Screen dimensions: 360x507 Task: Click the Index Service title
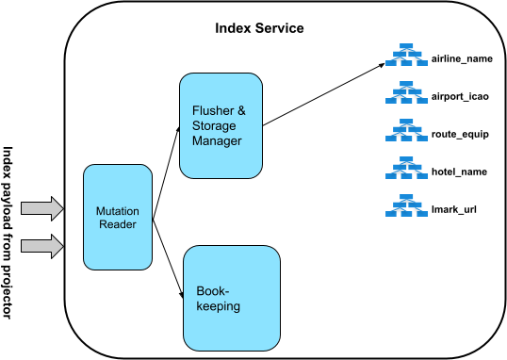(x=259, y=28)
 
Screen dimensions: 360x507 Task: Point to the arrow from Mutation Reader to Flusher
(x=165, y=170)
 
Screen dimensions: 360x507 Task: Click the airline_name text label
(x=462, y=59)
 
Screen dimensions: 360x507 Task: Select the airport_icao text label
(x=460, y=96)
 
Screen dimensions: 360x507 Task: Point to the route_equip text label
(x=460, y=134)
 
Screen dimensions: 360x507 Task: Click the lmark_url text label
(x=453, y=207)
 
